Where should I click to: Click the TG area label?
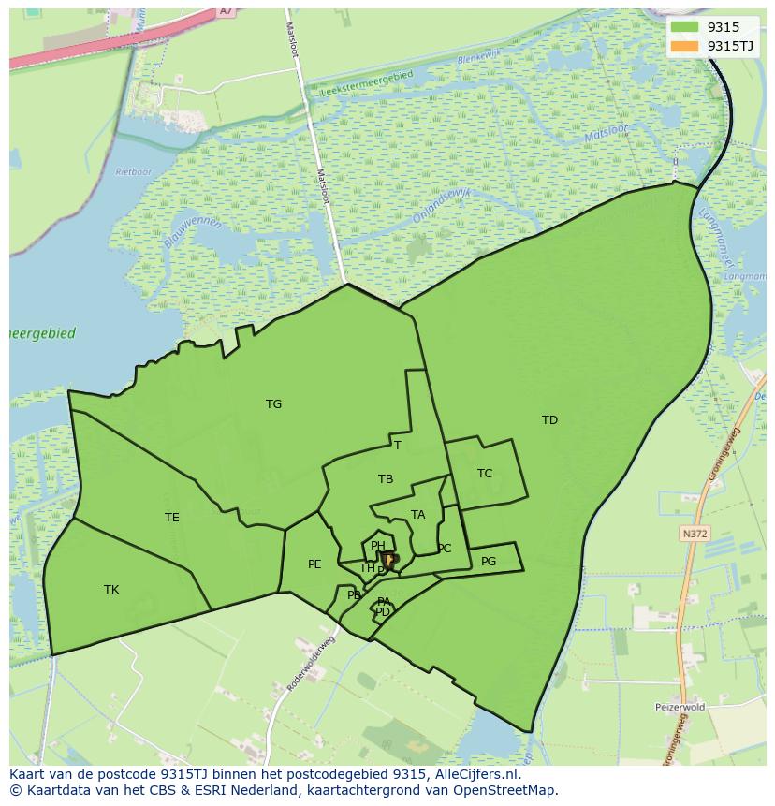273,404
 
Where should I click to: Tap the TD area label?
549,420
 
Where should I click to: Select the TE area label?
172,518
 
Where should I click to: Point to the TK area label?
111,590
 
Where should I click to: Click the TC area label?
485,474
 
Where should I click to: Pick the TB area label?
386,479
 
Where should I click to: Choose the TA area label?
418,515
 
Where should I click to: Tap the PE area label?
314,564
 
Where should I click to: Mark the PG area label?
489,562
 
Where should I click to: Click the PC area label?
445,549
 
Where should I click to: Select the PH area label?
378,546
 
